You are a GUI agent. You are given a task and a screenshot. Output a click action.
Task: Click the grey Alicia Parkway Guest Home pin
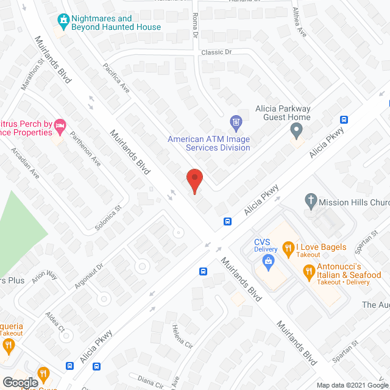[296, 130]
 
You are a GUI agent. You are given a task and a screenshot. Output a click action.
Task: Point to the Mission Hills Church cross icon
[310, 200]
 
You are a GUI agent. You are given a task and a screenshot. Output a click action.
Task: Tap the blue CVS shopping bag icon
[268, 261]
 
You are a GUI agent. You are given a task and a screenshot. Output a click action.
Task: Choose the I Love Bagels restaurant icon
[288, 247]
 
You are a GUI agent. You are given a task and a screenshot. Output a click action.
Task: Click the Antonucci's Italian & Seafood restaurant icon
[309, 270]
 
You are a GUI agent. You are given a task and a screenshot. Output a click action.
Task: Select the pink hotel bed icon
[60, 127]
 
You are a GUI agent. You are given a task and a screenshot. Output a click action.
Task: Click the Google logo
[20, 382]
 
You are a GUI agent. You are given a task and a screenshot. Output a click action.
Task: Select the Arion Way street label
[44, 278]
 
